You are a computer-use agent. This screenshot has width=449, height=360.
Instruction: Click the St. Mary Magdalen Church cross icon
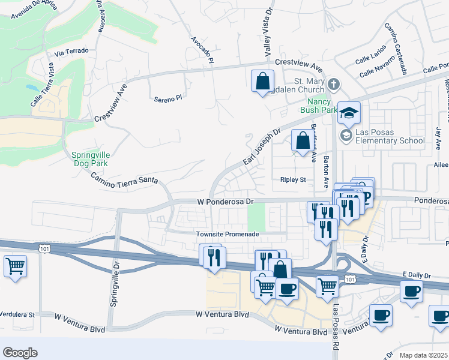[334, 83]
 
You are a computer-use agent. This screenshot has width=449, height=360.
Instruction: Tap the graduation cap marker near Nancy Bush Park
[349, 112]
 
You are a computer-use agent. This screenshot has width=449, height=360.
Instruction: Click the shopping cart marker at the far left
[15, 265]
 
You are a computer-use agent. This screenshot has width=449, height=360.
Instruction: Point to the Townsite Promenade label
[227, 233]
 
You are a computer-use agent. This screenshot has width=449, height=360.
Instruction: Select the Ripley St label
[293, 179]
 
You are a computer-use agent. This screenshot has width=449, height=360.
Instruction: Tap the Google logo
[20, 353]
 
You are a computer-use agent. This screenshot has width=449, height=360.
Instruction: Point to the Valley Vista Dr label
[269, 30]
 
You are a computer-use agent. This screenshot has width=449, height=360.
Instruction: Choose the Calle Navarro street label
[378, 67]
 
